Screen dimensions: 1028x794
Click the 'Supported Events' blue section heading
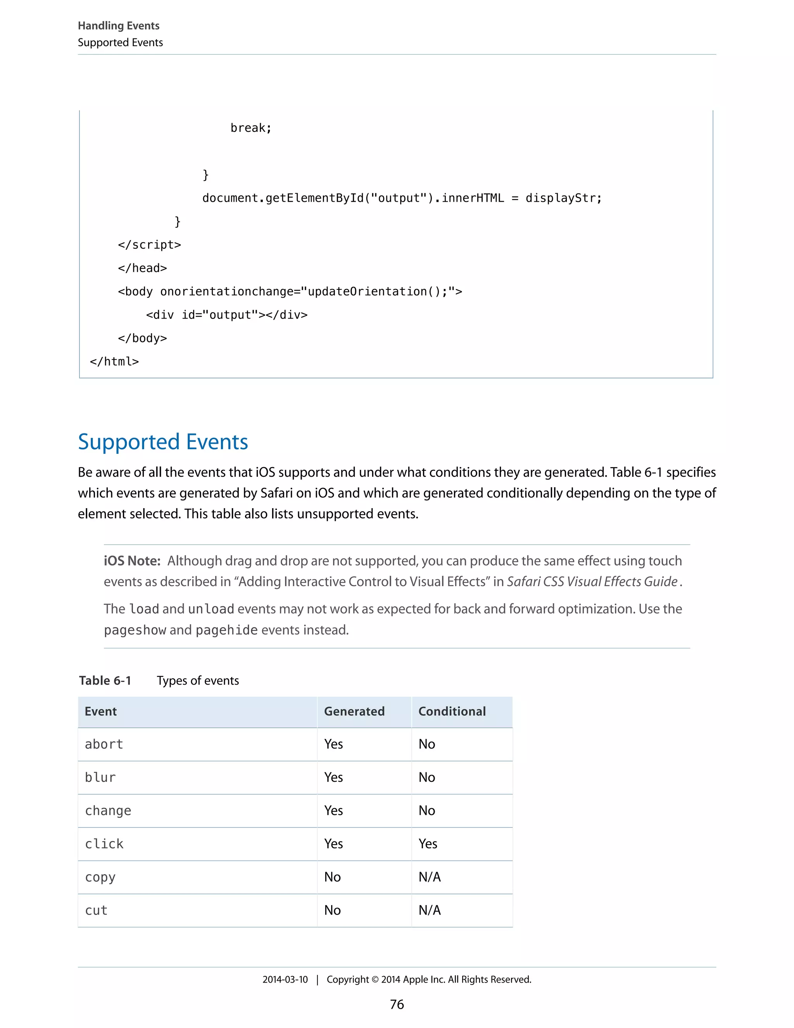163,442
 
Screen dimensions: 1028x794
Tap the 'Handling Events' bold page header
119,26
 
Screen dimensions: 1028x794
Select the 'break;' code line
251,128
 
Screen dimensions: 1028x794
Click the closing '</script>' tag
150,245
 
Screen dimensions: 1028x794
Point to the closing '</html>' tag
114,362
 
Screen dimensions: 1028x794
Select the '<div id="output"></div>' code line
227,315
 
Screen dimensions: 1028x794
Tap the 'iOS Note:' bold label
132,561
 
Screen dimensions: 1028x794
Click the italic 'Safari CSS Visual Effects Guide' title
592,582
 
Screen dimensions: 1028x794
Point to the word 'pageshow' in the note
135,630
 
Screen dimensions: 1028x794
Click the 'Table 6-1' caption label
105,681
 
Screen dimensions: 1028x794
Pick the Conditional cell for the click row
428,844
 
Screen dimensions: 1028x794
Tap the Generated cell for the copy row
332,877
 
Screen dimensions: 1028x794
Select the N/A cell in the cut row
430,910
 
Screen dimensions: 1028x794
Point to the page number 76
397,1004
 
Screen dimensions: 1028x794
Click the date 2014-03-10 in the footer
285,980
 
